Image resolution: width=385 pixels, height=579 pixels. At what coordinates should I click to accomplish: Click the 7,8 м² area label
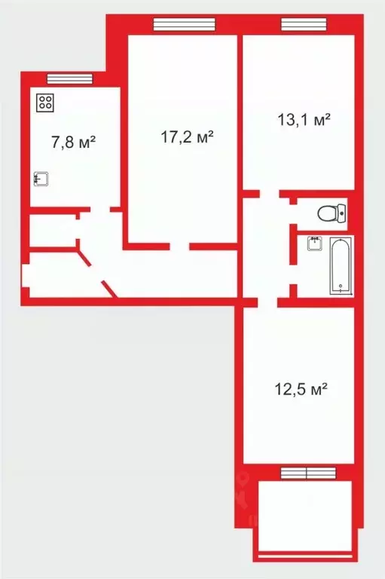[x=72, y=142]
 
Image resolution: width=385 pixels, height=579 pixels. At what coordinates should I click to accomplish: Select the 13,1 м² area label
[x=301, y=120]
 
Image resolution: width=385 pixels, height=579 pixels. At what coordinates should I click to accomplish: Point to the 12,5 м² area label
[x=299, y=390]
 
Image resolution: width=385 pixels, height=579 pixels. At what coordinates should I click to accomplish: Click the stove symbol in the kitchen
[x=44, y=102]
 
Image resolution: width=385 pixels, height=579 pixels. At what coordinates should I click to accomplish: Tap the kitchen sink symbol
[x=42, y=179]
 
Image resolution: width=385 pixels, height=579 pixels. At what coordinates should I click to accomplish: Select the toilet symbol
[x=330, y=213]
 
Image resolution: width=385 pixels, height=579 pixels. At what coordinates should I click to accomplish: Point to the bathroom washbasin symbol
[x=315, y=244]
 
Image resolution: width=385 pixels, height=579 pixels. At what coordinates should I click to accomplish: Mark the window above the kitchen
[x=69, y=78]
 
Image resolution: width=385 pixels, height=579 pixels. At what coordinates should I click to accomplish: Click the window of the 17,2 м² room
[x=184, y=24]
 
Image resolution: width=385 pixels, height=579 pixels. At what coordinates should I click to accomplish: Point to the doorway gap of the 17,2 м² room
[x=179, y=246]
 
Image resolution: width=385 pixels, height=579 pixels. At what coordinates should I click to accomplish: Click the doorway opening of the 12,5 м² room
[x=267, y=302]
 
